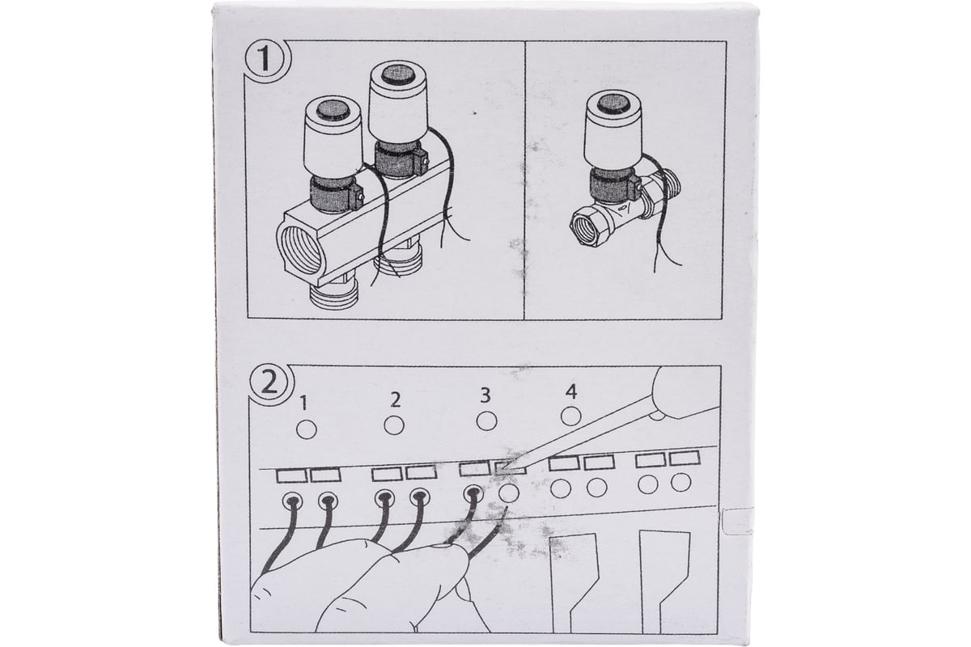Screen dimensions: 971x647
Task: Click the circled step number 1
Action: tap(265, 60)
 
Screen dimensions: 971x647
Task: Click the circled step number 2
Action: tap(270, 384)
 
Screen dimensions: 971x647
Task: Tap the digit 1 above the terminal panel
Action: tap(304, 404)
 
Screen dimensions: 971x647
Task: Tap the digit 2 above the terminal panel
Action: tap(395, 400)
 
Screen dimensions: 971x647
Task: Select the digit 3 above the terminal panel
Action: tap(485, 395)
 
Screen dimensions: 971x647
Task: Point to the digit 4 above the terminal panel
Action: tap(571, 391)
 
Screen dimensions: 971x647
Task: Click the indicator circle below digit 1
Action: tap(307, 429)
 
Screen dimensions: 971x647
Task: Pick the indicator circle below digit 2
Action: tap(394, 425)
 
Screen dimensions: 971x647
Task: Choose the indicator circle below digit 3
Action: tap(486, 421)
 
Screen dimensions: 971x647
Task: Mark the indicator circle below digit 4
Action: tap(571, 417)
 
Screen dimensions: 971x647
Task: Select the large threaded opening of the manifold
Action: tap(300, 251)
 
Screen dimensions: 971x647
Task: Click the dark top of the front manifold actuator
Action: tap(333, 111)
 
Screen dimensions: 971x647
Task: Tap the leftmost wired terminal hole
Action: tap(292, 501)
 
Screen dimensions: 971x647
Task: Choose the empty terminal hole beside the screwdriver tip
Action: tap(509, 493)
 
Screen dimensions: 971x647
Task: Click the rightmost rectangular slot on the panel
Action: tap(685, 458)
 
